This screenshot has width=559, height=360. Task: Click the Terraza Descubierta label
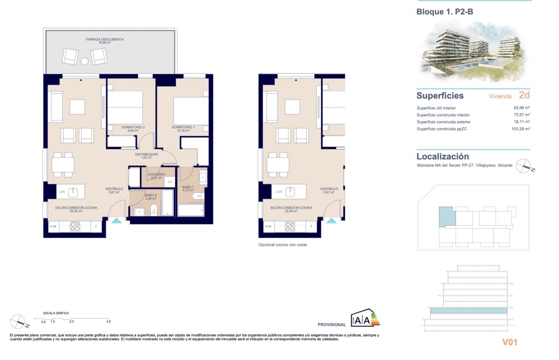(105, 40)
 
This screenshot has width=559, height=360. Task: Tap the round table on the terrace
(84, 61)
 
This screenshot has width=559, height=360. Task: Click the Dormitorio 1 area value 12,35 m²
(183, 131)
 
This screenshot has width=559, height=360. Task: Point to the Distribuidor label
(146, 154)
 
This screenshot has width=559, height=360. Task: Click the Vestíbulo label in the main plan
(114, 189)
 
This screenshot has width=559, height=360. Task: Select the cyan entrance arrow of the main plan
(116, 220)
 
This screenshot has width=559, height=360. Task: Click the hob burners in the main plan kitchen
(75, 226)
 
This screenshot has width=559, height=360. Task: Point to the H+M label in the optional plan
(268, 226)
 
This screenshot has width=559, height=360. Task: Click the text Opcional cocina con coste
(283, 245)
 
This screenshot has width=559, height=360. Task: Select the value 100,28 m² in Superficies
(521, 129)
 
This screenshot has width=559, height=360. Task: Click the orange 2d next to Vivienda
(524, 95)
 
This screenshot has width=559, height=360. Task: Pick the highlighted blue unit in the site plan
(447, 217)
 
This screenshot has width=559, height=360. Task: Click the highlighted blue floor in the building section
(468, 310)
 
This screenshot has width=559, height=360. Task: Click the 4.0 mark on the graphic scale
(108, 321)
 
